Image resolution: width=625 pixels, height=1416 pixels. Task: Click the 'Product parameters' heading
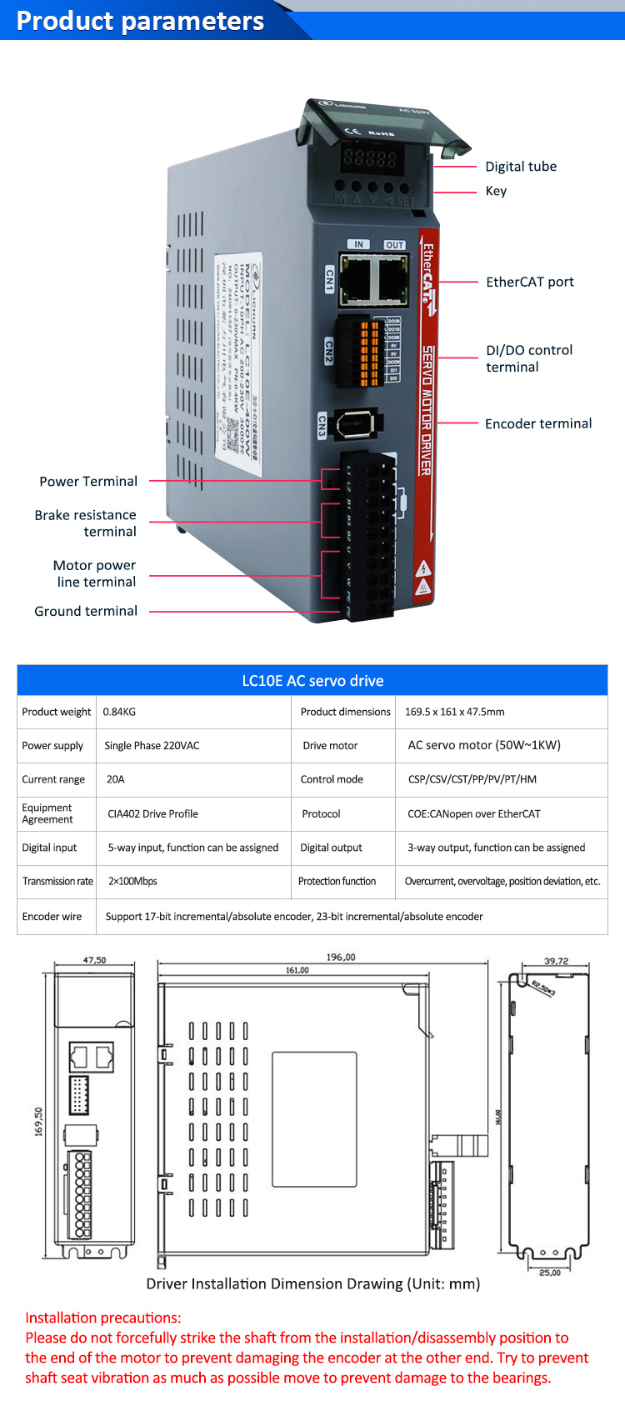(140, 21)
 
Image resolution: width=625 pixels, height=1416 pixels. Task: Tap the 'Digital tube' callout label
(521, 167)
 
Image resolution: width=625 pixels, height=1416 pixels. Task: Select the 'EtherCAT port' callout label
(530, 282)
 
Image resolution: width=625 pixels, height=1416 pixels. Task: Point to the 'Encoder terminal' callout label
(538, 423)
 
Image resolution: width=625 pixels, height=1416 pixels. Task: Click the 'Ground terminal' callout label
(86, 611)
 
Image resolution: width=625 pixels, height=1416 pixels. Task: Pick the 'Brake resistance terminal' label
(86, 523)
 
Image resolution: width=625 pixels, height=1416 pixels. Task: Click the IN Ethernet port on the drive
(358, 278)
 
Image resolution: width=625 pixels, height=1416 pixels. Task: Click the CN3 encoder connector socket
(358, 424)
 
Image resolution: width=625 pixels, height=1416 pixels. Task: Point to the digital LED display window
(370, 158)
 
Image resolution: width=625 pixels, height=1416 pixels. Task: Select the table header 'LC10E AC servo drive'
(312, 681)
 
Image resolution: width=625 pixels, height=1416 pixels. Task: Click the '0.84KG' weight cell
(119, 712)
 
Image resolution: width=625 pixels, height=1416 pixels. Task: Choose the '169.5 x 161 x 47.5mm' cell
(454, 712)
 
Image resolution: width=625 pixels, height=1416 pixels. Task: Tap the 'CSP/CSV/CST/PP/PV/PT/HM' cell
(472, 779)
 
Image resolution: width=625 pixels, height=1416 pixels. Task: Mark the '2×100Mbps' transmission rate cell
(132, 881)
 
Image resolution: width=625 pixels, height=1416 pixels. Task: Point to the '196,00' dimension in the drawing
(341, 958)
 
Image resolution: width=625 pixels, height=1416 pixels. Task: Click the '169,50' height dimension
(38, 1122)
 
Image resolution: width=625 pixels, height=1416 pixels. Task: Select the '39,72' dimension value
(556, 961)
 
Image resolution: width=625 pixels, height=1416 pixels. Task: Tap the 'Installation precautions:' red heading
(102, 1318)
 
